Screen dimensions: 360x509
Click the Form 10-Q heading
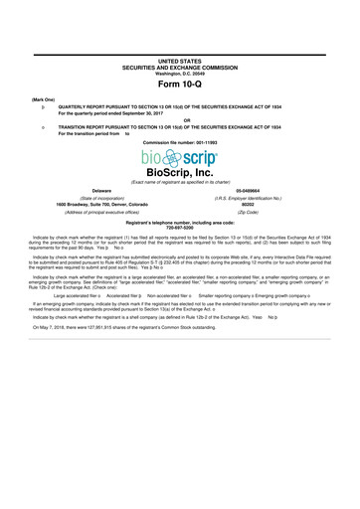(179, 83)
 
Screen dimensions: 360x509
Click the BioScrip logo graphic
(179, 159)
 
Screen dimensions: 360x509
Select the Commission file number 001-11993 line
(179, 142)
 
